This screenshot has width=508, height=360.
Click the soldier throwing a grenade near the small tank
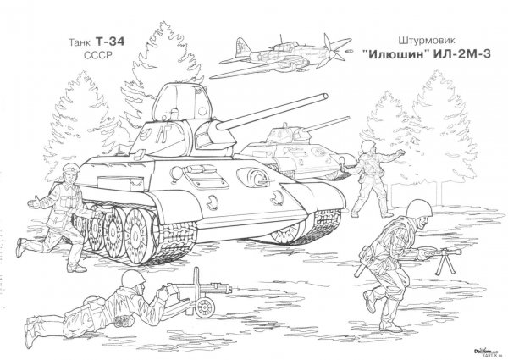[x=366, y=178]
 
